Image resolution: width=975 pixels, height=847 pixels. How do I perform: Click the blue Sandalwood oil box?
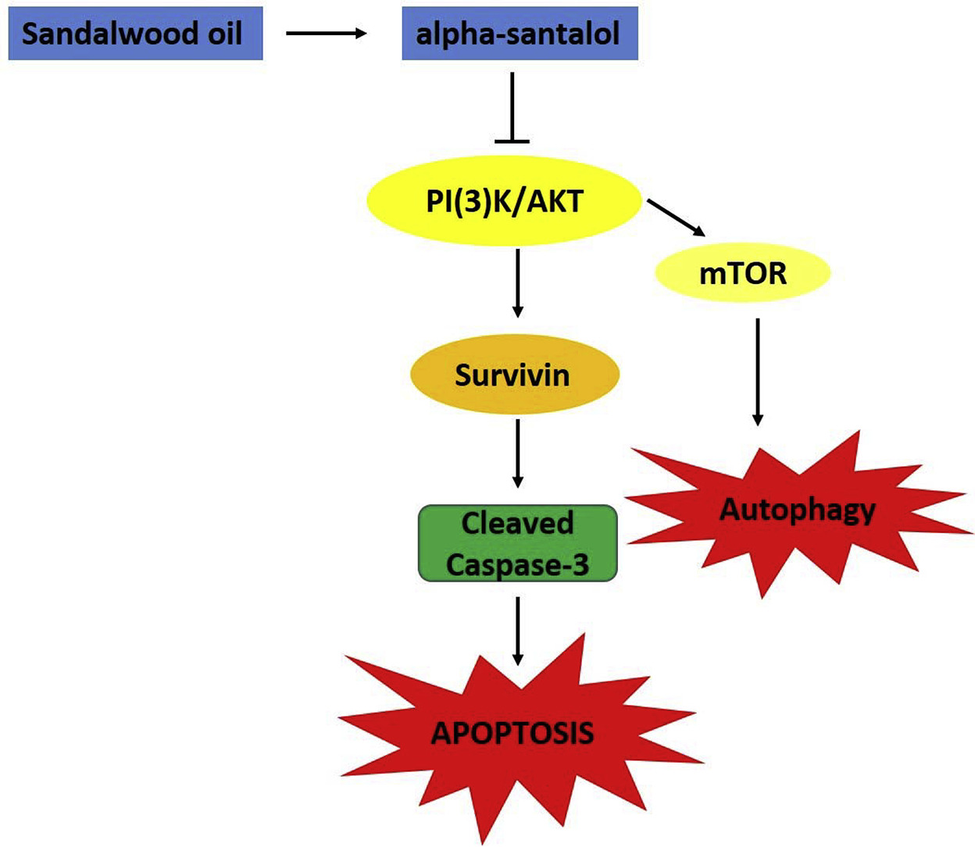135,34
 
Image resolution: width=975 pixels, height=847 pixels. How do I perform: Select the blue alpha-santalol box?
520,34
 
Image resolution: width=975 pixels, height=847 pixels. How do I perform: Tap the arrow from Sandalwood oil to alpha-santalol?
326,34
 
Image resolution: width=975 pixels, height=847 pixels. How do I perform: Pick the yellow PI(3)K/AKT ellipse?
504,201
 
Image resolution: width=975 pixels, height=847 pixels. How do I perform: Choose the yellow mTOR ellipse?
742,273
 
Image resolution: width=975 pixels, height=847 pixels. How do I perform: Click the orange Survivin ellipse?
514,375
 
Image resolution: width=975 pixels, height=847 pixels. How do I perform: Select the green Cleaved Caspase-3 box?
517,543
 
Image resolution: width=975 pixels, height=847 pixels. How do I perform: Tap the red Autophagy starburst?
797,511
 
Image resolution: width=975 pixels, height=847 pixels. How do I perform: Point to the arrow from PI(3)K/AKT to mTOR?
677,218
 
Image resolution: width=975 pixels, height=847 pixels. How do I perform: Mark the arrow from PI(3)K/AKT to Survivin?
516,283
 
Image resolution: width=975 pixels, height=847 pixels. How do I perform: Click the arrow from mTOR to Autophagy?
757,372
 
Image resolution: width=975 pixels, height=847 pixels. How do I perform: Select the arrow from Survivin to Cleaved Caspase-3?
517,453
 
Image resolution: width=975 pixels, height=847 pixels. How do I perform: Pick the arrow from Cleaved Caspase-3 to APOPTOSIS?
517,631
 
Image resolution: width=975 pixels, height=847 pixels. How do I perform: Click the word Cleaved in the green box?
517,523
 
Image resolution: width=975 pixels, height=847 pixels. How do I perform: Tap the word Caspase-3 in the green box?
517,564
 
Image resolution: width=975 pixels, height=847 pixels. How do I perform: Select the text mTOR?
742,273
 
